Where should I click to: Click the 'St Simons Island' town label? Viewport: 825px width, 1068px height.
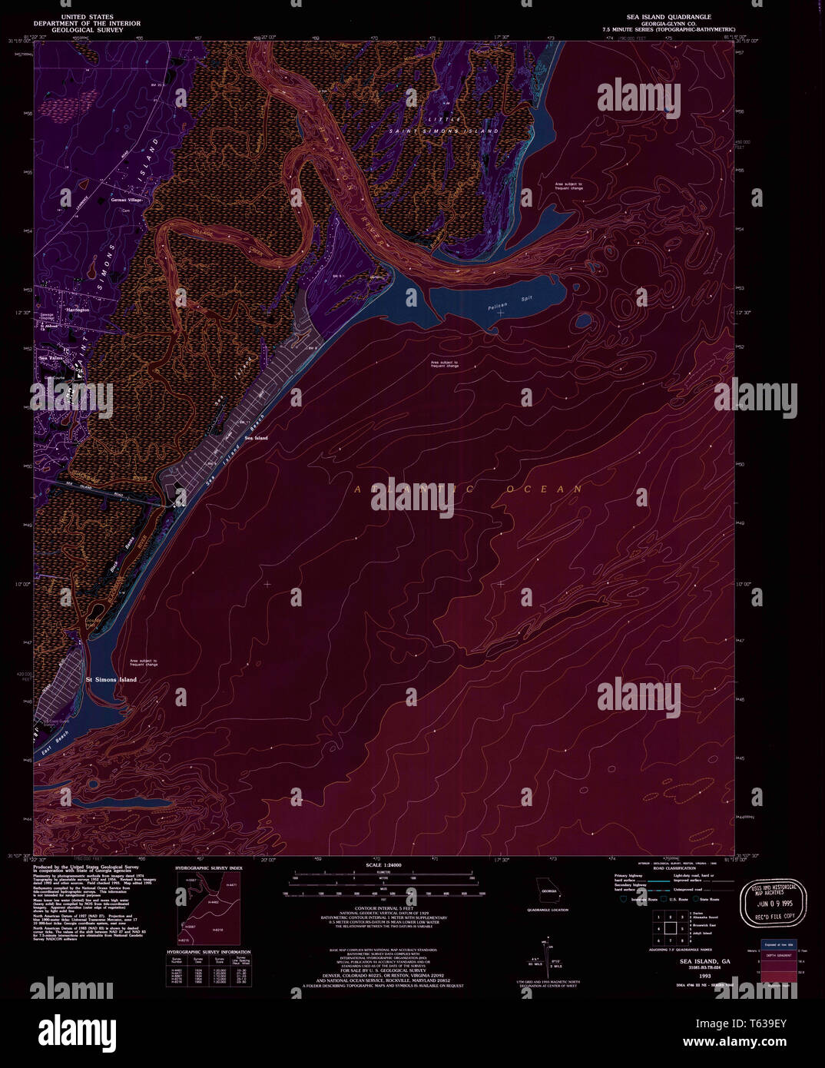pyautogui.click(x=111, y=680)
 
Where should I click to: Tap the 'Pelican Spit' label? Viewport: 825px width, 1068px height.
pyautogui.click(x=498, y=307)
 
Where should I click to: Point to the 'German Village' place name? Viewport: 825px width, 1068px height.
pyautogui.click(x=127, y=200)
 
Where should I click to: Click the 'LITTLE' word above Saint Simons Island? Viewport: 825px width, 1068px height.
pyautogui.click(x=450, y=119)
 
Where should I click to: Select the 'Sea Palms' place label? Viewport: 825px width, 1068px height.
pyautogui.click(x=52, y=358)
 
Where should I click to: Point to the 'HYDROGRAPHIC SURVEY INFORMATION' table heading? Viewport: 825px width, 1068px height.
pyautogui.click(x=209, y=953)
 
